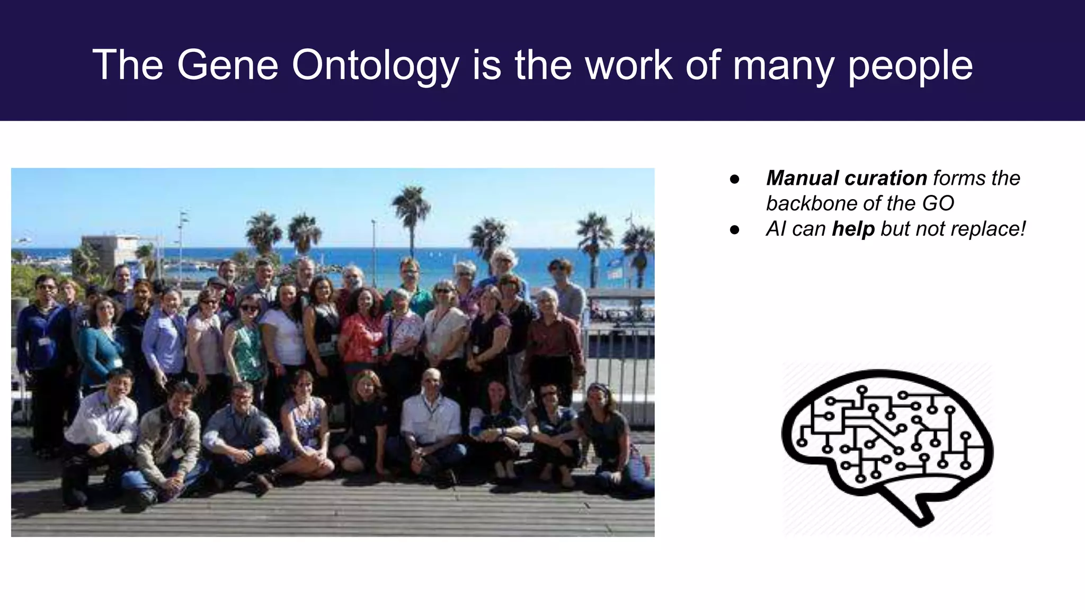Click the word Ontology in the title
tap(375, 66)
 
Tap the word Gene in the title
tap(227, 66)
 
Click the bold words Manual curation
tap(846, 178)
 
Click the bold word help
tap(853, 229)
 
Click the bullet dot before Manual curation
tap(734, 179)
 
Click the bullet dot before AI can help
tap(734, 230)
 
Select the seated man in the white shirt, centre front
tap(430, 418)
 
